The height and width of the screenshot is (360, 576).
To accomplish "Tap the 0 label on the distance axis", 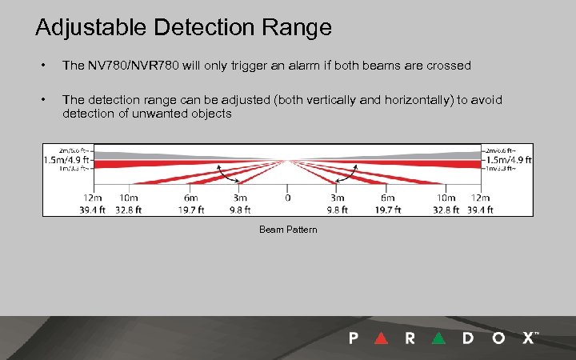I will tap(288, 198).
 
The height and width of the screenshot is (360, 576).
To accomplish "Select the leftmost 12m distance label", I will tap(93, 198).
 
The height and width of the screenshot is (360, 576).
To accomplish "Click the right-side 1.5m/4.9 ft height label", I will tap(508, 158).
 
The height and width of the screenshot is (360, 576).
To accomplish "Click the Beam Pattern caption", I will tap(288, 230).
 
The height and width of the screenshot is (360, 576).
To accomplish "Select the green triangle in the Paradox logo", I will tap(438, 338).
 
